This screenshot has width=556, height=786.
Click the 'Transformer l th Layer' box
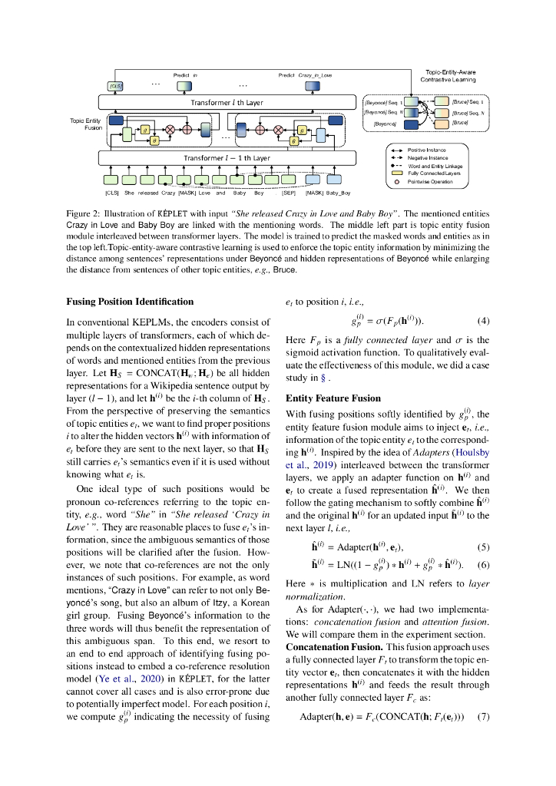(x=227, y=101)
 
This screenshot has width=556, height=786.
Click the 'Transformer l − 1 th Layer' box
(x=227, y=158)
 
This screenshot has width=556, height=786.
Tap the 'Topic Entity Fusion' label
(x=85, y=124)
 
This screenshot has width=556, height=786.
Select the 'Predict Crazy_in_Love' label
(x=305, y=75)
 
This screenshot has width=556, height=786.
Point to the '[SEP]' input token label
(x=289, y=193)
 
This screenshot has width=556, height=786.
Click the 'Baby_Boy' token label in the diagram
(x=339, y=193)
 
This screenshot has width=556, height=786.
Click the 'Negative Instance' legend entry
(x=428, y=157)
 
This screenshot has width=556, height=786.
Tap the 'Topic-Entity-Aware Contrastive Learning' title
(x=448, y=75)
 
